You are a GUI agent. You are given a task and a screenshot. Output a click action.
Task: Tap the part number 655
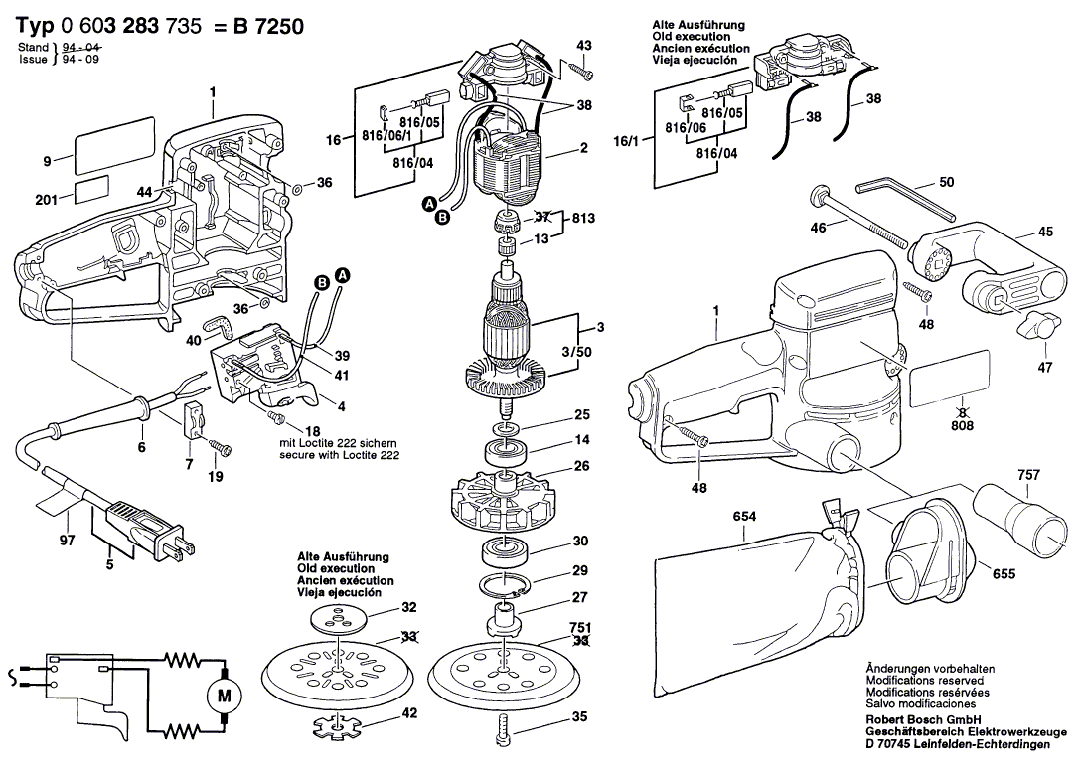coord(1004,573)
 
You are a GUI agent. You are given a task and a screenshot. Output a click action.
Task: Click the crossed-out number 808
coord(962,425)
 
